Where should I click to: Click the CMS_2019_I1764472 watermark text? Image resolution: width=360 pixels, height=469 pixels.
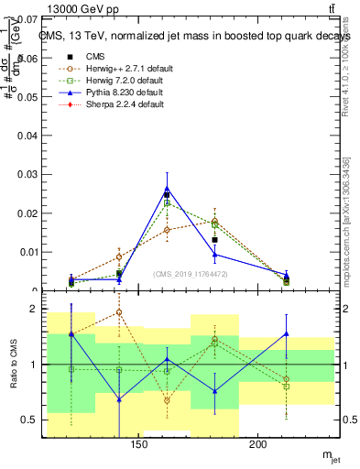[190, 273]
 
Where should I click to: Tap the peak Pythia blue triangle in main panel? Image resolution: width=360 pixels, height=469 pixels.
[167, 188]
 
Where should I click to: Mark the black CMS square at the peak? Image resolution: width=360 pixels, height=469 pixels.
[167, 195]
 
